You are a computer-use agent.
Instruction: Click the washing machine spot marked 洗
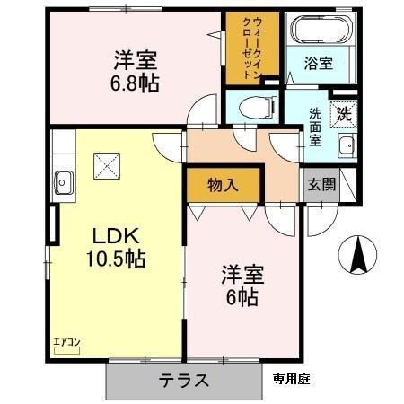(x=344, y=114)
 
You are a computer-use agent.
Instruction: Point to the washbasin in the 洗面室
(x=345, y=148)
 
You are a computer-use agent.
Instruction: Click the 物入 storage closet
(x=224, y=185)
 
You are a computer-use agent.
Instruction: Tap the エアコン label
(x=66, y=340)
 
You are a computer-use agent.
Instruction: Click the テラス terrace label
(x=185, y=380)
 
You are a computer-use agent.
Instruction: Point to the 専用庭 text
(x=292, y=380)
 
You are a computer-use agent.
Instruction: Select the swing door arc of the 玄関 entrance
(x=321, y=220)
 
